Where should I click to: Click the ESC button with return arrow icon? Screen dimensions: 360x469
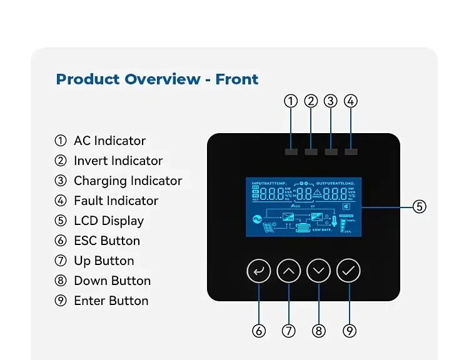pyautogui.click(x=259, y=271)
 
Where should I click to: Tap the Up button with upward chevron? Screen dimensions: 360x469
pyautogui.click(x=289, y=271)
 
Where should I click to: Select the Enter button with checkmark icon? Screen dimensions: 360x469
pyautogui.click(x=348, y=271)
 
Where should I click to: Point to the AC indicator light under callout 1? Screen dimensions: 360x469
pyautogui.click(x=291, y=152)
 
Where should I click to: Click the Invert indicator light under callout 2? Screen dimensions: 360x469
pyautogui.click(x=311, y=152)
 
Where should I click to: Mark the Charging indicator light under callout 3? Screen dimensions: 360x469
pyautogui.click(x=331, y=152)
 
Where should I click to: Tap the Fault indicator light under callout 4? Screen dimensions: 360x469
pyautogui.click(x=351, y=152)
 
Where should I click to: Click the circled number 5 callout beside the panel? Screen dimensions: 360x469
pyautogui.click(x=420, y=206)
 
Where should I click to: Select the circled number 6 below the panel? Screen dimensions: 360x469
pyautogui.click(x=259, y=331)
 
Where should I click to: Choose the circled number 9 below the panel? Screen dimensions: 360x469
pyautogui.click(x=349, y=331)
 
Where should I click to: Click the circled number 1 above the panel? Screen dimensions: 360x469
pyautogui.click(x=291, y=101)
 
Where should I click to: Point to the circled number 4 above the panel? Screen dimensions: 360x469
pyautogui.click(x=351, y=101)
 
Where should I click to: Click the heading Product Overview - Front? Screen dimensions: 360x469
pyautogui.click(x=157, y=79)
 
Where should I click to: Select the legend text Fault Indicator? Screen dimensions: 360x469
pyautogui.click(x=116, y=201)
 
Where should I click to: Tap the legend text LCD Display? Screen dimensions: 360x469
pyautogui.click(x=109, y=221)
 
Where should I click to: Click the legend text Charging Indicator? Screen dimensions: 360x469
pyautogui.click(x=128, y=181)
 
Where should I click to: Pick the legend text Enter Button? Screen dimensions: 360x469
pyautogui.click(x=111, y=301)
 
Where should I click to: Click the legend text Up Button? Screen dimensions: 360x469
pyautogui.click(x=104, y=261)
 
